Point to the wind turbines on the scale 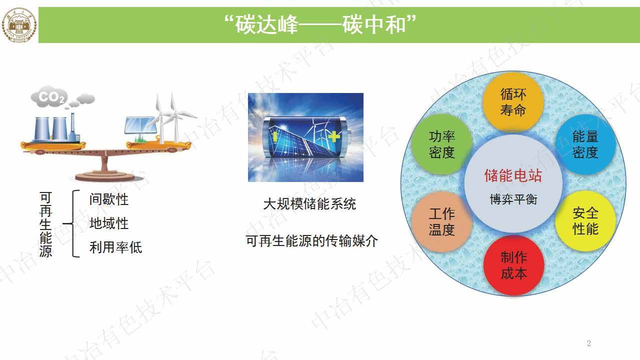[170, 117]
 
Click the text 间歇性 [108, 199]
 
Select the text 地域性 [108, 223]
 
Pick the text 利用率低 [115, 247]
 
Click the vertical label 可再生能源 [45, 224]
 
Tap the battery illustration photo [305, 137]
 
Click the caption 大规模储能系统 [309, 204]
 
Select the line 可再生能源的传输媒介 [311, 241]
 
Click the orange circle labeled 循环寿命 [512, 101]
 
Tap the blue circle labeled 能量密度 [585, 144]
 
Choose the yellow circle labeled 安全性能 [585, 220]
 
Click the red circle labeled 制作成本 [513, 265]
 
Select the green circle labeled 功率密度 [441, 144]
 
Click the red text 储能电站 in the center [512, 175]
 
